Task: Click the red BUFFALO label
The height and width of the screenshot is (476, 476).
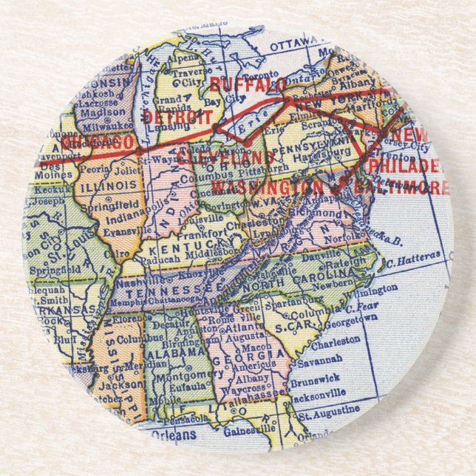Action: click(x=248, y=85)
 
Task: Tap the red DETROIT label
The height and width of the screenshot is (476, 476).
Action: click(x=177, y=117)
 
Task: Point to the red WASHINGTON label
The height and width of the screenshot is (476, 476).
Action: click(x=267, y=187)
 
